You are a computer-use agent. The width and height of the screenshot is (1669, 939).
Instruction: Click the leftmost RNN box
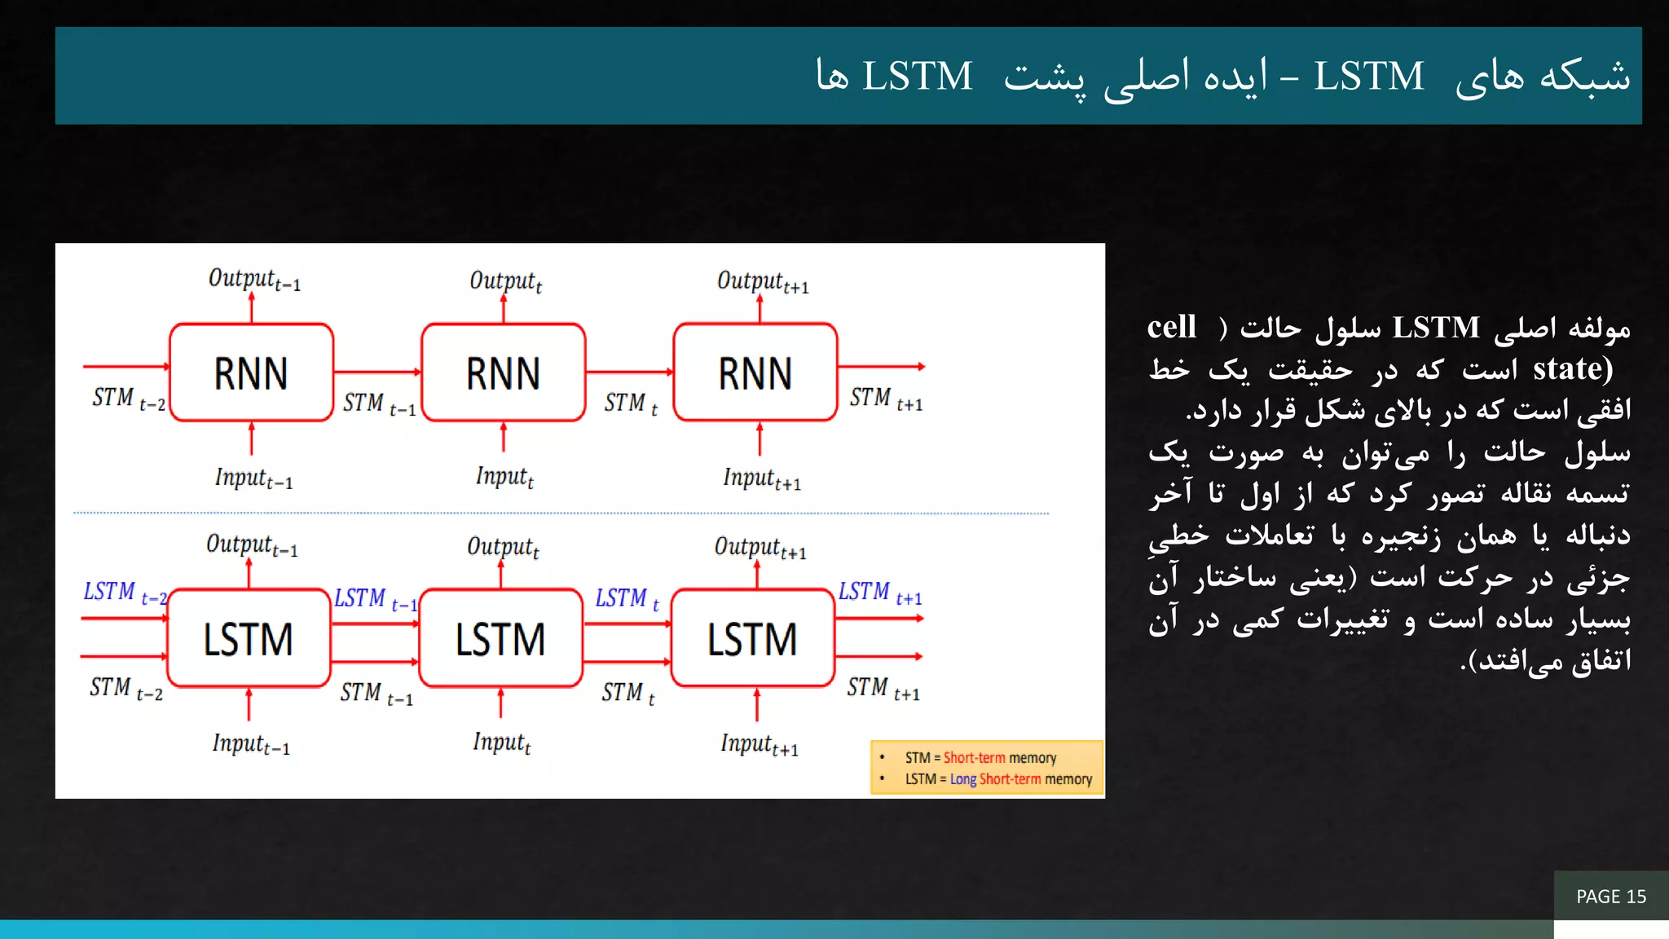[x=251, y=373]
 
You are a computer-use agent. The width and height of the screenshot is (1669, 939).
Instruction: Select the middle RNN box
[x=503, y=373]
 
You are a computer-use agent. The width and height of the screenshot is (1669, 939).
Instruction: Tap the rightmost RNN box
[x=755, y=373]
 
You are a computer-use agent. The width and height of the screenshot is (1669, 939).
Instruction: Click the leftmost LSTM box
[x=249, y=638]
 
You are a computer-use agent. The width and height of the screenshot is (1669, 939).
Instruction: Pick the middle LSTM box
[x=500, y=638]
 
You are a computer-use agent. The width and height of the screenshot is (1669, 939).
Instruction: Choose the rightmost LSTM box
[x=752, y=638]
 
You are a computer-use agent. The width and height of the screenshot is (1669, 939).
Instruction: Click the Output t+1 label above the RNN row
[x=763, y=282]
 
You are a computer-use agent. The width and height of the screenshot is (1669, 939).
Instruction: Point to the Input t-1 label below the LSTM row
[x=251, y=743]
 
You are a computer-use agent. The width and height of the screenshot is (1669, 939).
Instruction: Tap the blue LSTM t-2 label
[x=125, y=593]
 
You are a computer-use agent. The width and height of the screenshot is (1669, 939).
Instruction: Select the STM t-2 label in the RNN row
[x=129, y=399]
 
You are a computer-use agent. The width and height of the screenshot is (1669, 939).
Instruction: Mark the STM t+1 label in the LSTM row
[x=883, y=689]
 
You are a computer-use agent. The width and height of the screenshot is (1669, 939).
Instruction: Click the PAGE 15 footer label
[x=1611, y=897]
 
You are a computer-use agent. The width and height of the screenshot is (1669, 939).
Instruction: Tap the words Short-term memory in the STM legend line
[x=1000, y=758]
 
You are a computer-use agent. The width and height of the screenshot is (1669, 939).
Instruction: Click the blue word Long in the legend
[x=962, y=779]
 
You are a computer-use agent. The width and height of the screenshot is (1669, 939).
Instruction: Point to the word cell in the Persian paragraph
[x=1172, y=327]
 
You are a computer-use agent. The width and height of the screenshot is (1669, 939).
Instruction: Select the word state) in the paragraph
[x=1573, y=368]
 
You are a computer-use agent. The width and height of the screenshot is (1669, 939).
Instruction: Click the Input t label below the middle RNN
[x=504, y=477]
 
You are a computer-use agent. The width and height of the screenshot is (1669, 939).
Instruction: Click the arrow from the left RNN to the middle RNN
[x=377, y=372]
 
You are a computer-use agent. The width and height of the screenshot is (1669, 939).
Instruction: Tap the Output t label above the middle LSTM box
[x=503, y=547]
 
